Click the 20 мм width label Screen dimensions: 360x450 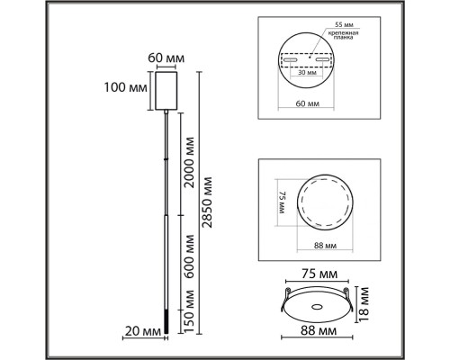click(x=143, y=331)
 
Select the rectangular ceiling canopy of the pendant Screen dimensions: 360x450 click(x=165, y=89)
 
